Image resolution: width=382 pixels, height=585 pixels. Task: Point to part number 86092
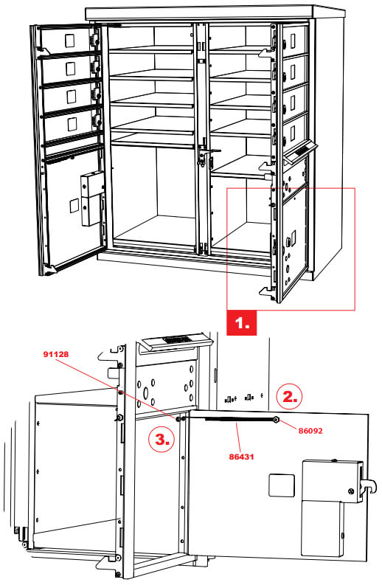click(x=316, y=429)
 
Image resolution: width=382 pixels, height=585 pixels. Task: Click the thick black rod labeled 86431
click(x=228, y=419)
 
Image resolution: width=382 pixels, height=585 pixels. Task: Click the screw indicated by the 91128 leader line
click(x=179, y=418)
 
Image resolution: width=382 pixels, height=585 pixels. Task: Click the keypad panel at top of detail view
click(x=176, y=342)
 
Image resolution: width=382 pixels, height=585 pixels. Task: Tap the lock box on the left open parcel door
click(x=92, y=198)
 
